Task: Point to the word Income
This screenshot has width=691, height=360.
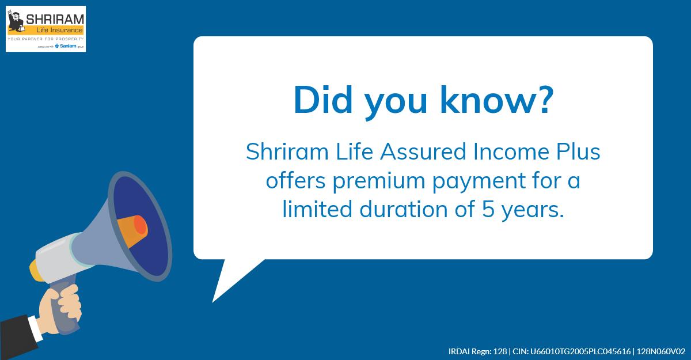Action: (500, 153)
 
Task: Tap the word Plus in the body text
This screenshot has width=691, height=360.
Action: (575, 153)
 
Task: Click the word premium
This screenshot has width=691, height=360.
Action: (366, 181)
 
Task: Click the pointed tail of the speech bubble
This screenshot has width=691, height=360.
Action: (222, 291)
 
